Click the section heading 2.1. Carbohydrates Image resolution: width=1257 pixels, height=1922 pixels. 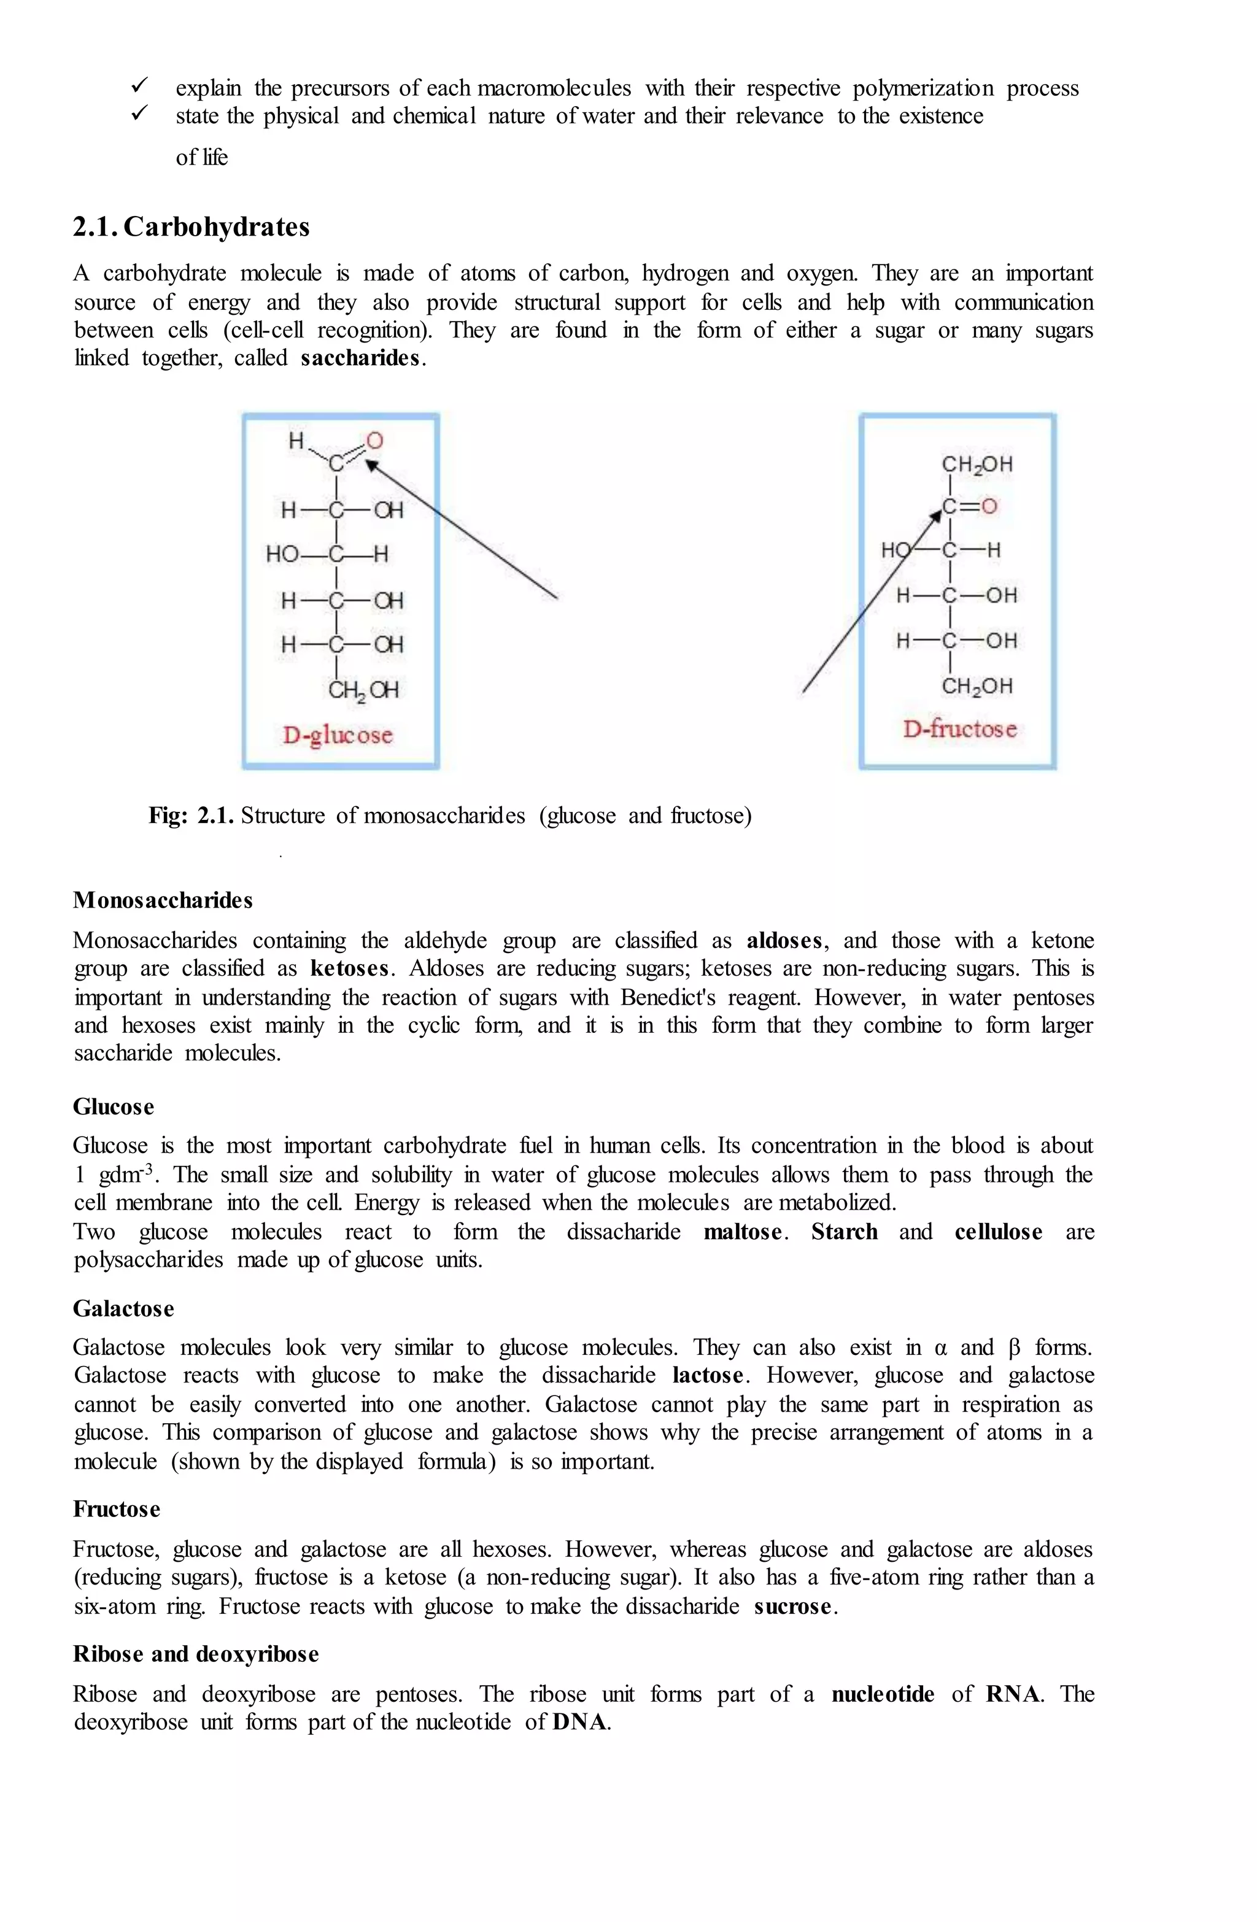(191, 227)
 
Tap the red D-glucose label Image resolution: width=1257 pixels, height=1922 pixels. (337, 735)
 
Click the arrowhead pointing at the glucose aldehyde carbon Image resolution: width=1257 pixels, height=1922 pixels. (371, 465)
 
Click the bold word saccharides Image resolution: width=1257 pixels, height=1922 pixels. (360, 358)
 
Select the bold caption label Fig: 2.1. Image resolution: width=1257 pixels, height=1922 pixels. (191, 816)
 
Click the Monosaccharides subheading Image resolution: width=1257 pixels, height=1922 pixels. (163, 900)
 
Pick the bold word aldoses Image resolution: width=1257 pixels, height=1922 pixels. (784, 941)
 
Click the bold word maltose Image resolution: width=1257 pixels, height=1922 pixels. (743, 1232)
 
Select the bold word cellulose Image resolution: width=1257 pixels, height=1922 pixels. (998, 1232)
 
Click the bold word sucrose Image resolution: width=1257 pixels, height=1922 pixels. (792, 1606)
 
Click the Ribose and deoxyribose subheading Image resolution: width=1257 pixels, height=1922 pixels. (196, 1654)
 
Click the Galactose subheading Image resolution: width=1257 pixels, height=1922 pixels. (123, 1308)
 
